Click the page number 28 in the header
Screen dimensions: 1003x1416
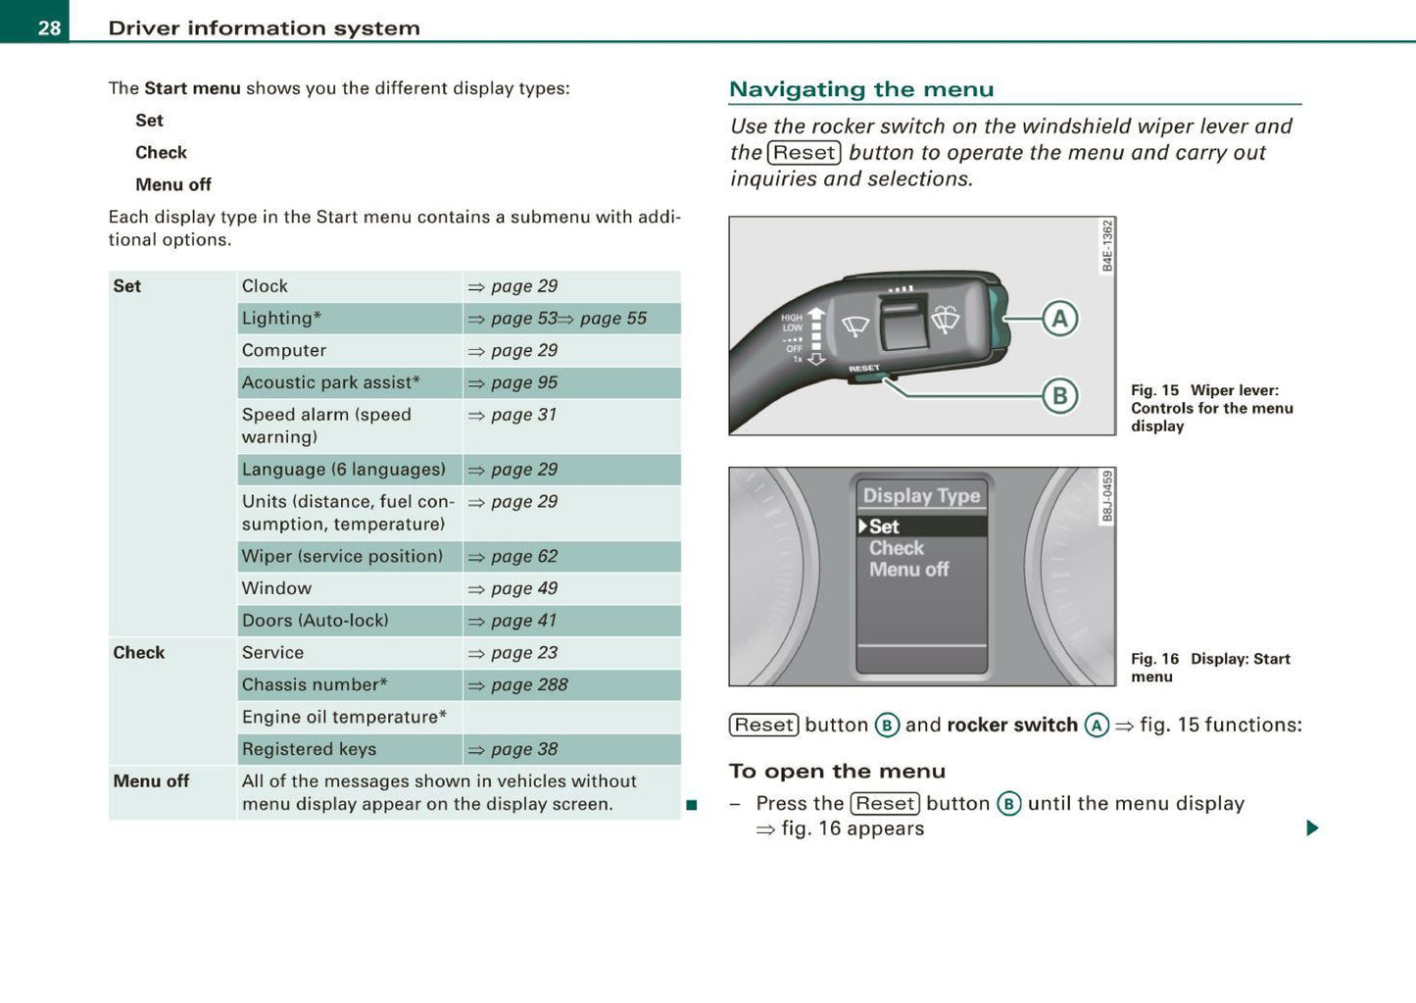tap(49, 27)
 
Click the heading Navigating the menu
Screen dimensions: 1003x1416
tap(860, 89)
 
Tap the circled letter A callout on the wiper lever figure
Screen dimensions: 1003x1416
tap(1059, 319)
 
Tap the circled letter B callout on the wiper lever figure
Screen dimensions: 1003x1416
tap(1059, 396)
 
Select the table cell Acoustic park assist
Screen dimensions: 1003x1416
tap(330, 382)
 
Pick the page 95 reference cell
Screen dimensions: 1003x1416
tap(523, 382)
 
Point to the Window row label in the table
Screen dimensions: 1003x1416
tap(276, 588)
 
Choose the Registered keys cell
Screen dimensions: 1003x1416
tap(309, 749)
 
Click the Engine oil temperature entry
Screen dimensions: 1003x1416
tap(344, 717)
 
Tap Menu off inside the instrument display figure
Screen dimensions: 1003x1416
tap(908, 570)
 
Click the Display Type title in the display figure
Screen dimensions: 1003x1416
tap(921, 496)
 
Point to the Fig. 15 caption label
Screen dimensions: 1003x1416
tap(1154, 390)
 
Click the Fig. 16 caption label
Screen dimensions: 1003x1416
tap(1154, 659)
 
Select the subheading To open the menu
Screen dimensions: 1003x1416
tap(837, 772)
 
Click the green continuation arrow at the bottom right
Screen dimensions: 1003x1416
tap(1312, 828)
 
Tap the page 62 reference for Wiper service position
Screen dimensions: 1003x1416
tap(523, 556)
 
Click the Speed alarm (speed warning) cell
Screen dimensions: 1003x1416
tap(326, 426)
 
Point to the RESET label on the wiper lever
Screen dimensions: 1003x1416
tap(863, 369)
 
